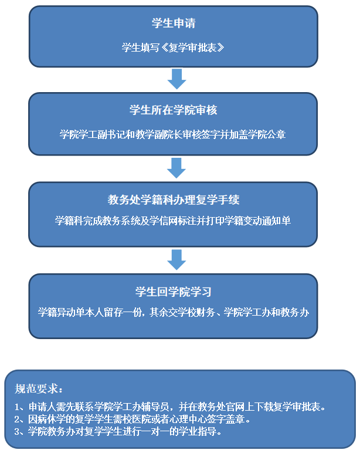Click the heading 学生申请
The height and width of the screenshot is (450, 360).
point(173,23)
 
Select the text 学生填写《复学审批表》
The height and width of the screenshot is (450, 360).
point(173,48)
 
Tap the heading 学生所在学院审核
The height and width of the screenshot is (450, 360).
point(173,110)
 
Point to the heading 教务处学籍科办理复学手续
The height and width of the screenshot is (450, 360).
point(173,200)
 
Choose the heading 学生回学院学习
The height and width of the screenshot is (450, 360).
point(173,291)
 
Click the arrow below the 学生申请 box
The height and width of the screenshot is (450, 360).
point(176,79)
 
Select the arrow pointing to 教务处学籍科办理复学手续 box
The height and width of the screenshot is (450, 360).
point(176,168)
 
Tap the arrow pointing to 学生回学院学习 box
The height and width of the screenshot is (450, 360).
point(176,259)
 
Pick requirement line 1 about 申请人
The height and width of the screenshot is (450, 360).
point(169,406)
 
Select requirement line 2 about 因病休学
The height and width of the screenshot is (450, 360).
point(133,419)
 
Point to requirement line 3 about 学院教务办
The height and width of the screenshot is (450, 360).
point(118,432)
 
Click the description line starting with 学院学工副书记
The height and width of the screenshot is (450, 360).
point(173,134)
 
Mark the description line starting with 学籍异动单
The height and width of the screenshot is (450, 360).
point(173,313)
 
